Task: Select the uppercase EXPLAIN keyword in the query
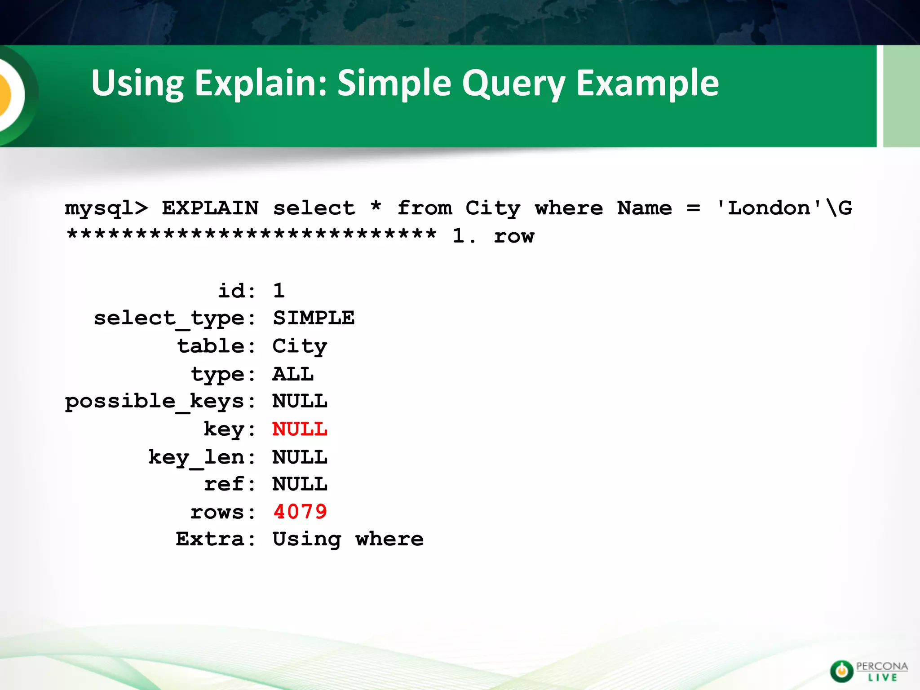click(210, 208)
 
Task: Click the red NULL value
click(300, 429)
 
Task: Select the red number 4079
click(300, 512)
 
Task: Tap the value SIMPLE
click(314, 318)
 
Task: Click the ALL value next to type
click(293, 374)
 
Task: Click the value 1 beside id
click(279, 291)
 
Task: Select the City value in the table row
click(300, 346)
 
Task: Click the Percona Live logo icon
click(841, 671)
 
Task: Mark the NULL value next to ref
click(300, 484)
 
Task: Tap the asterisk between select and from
click(376, 207)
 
